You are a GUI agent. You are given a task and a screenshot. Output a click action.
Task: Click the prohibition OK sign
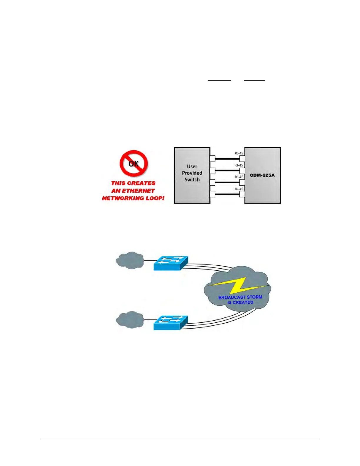tap(134, 164)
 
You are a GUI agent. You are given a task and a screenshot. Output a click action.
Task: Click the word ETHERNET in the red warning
tap(138, 191)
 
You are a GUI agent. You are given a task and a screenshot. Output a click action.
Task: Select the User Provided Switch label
tap(192, 173)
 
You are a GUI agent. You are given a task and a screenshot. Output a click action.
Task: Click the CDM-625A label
tap(262, 175)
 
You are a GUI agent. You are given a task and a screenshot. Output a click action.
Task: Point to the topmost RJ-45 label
tap(239, 153)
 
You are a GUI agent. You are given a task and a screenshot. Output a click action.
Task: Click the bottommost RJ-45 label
tap(239, 189)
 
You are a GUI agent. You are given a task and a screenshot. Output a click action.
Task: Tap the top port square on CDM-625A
tap(242, 159)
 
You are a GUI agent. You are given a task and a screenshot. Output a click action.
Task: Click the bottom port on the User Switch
tap(212, 194)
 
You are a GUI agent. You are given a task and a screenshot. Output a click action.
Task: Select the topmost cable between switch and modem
tap(227, 159)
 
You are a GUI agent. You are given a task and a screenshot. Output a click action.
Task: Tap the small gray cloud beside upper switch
tap(130, 260)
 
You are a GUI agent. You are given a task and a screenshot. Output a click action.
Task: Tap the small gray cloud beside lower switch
tap(130, 320)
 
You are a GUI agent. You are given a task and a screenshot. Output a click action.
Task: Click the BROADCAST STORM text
tap(240, 297)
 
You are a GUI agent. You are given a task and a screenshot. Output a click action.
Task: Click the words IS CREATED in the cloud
tap(240, 302)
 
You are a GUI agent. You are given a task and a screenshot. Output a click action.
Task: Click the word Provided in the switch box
tap(192, 173)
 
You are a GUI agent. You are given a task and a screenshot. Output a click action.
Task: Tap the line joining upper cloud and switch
tap(149, 260)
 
